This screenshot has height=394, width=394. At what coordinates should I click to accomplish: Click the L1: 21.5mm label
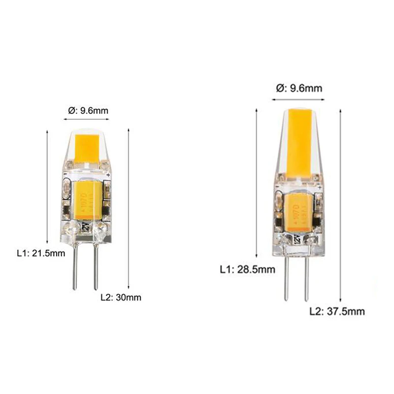coord(41,253)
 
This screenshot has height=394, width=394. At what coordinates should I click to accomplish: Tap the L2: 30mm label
coord(121,297)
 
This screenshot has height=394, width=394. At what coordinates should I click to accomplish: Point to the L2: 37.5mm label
coord(337,311)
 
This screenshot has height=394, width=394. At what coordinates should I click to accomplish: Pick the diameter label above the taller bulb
coord(299,89)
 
